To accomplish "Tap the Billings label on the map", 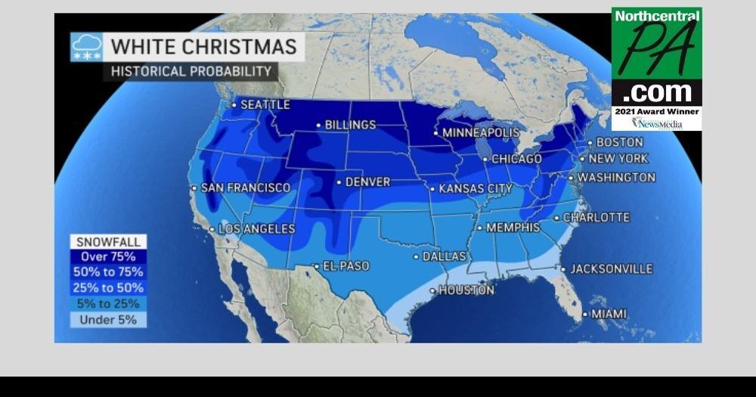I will tap(350, 125).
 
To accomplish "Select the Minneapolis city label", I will tap(481, 132).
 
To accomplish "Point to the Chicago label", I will tap(516, 159).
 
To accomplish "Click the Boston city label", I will tap(620, 142).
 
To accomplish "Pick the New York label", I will tap(618, 159).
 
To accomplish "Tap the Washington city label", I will tap(616, 178).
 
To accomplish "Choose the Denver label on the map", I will tap(367, 182).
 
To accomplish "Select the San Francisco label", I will tap(245, 188).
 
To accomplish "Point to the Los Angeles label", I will tap(256, 228).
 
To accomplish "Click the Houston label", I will tap(466, 290).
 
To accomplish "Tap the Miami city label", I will tap(609, 314).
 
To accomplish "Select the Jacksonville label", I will tap(611, 269).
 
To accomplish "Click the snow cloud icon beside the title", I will tap(86, 47).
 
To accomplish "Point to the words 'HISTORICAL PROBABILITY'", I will tap(191, 72).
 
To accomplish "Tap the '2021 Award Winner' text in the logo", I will tap(656, 111).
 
